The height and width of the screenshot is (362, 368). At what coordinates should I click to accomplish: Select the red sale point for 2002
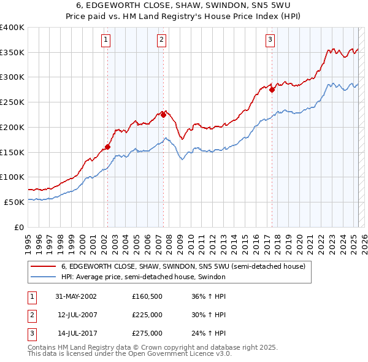click(107, 147)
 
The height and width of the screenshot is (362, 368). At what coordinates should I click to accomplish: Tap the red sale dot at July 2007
click(163, 114)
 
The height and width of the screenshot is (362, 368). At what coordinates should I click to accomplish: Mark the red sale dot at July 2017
click(272, 90)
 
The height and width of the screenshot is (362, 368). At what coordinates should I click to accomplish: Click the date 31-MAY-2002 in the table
click(76, 296)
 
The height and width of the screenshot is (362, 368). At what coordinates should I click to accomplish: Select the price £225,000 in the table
click(147, 315)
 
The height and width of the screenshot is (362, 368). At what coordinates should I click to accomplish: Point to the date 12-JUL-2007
click(76, 315)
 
